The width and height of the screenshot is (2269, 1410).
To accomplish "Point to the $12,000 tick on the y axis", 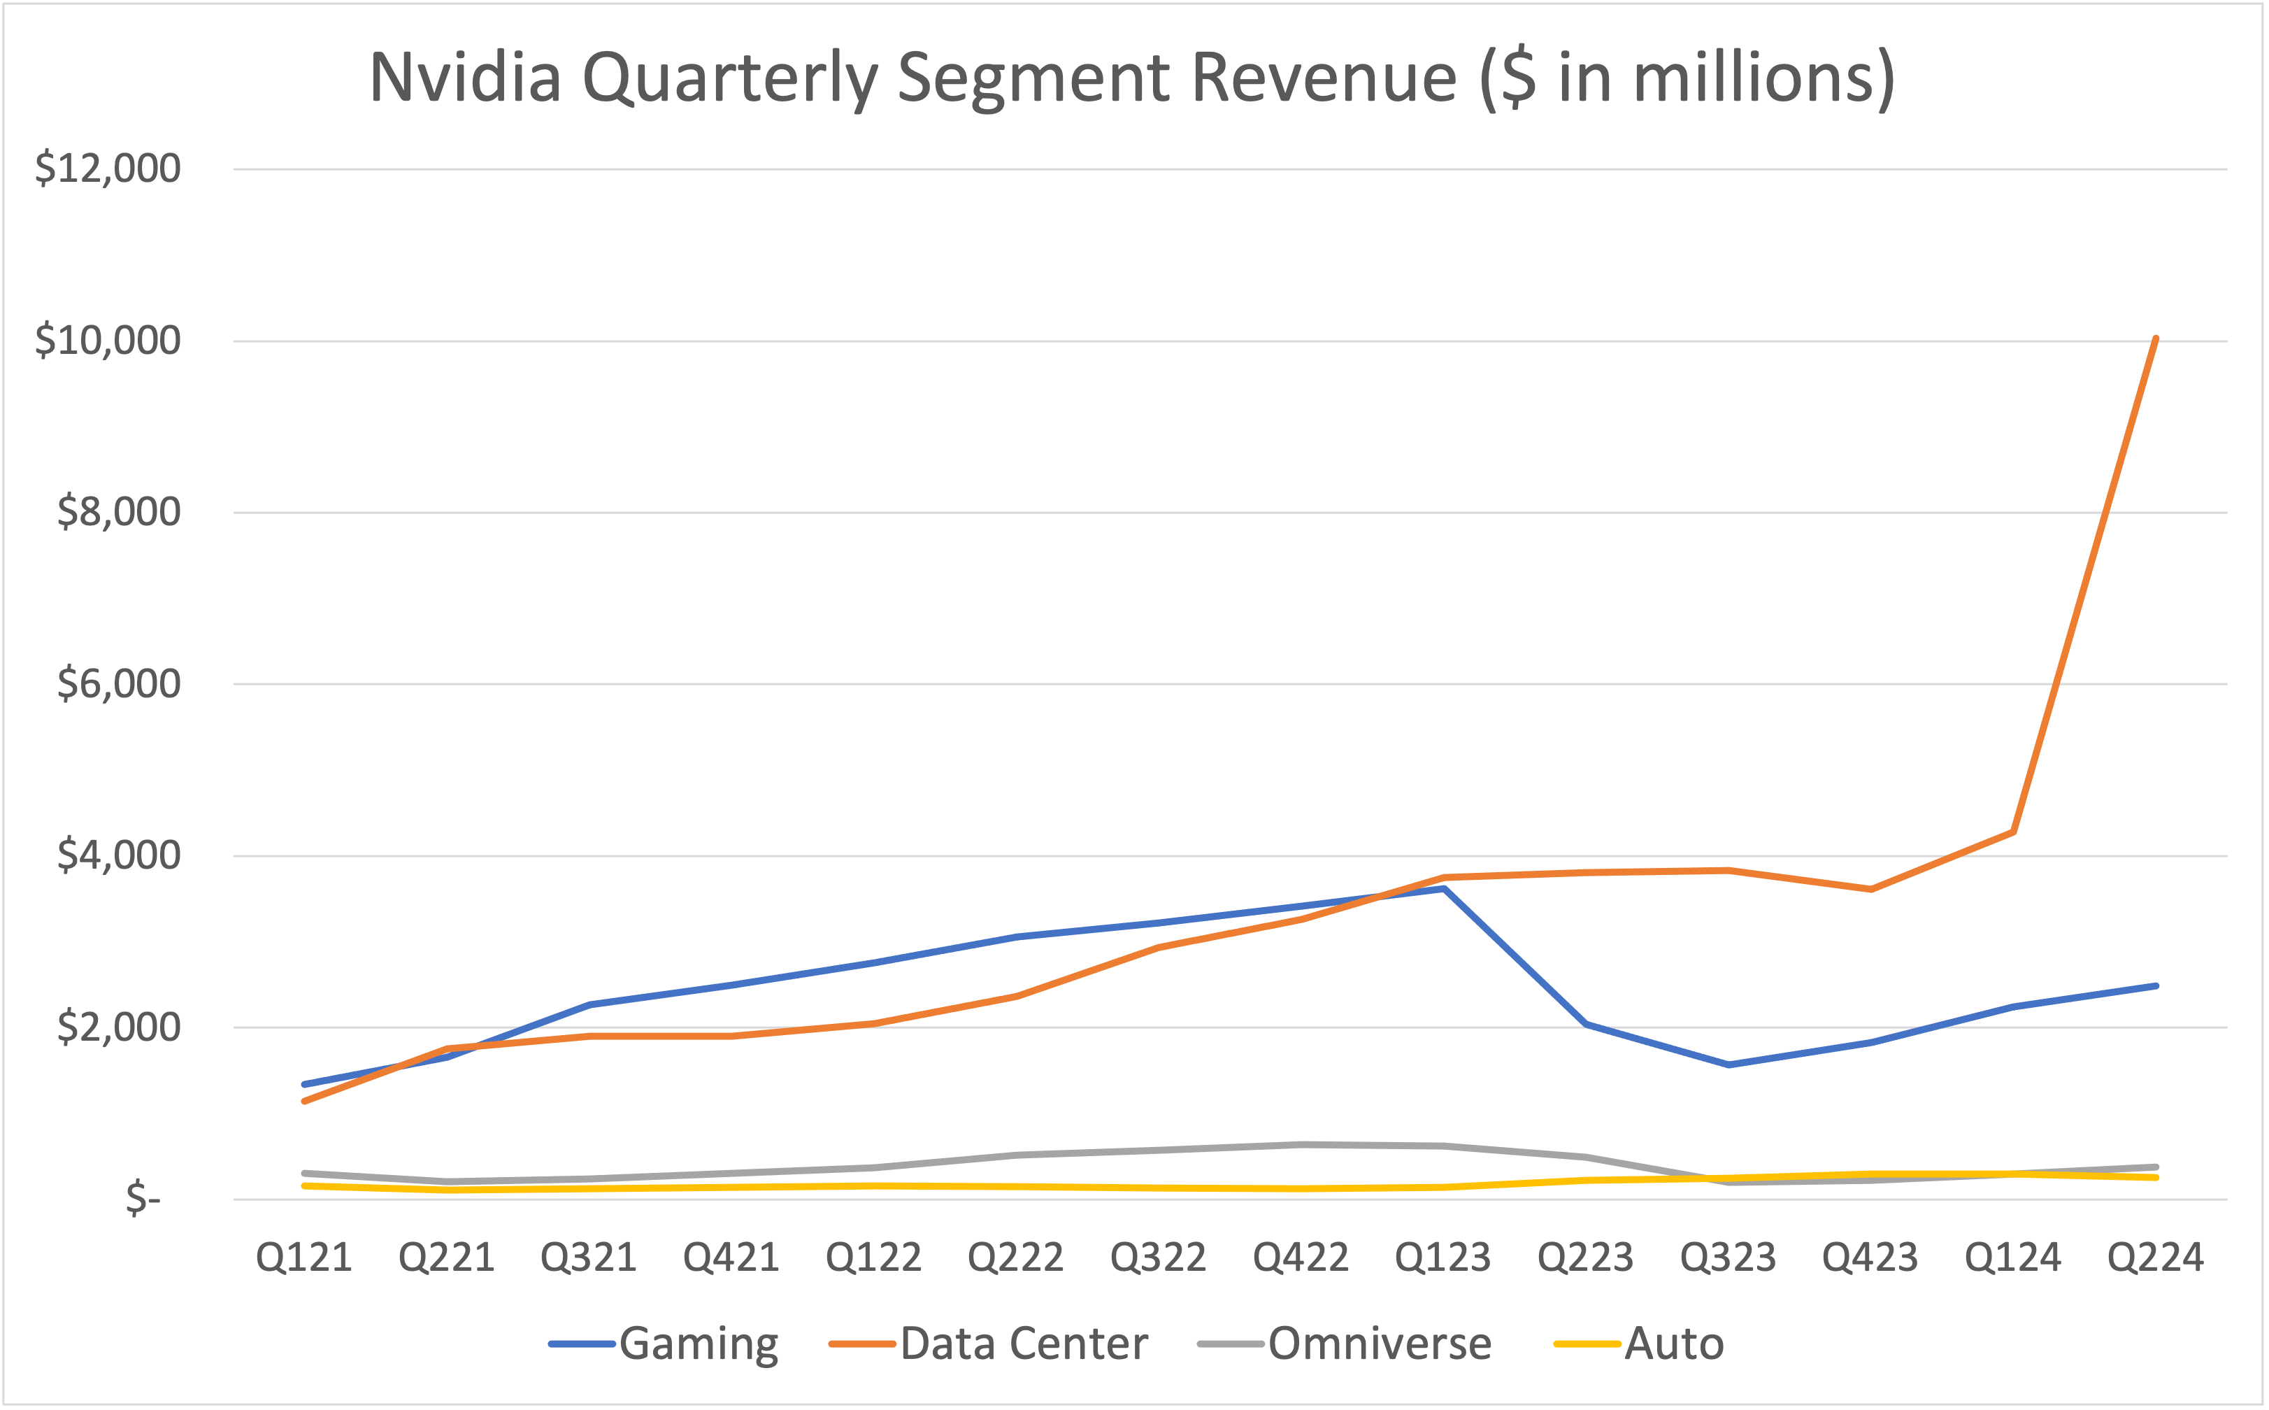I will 107,169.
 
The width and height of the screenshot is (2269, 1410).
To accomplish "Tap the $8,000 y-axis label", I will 118,512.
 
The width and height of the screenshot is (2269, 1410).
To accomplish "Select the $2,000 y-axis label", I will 118,1027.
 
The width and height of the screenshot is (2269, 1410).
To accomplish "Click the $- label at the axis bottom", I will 143,1197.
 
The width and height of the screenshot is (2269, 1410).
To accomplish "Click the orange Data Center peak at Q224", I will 2155,339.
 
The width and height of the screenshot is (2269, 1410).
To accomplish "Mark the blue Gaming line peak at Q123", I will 1443,889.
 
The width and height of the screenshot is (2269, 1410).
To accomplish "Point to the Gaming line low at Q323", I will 1728,1064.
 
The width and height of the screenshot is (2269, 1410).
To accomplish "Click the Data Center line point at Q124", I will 2014,832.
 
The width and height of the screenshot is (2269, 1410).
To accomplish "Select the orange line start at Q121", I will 306,1102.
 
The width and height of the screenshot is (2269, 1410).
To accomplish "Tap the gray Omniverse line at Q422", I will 1301,1144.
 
